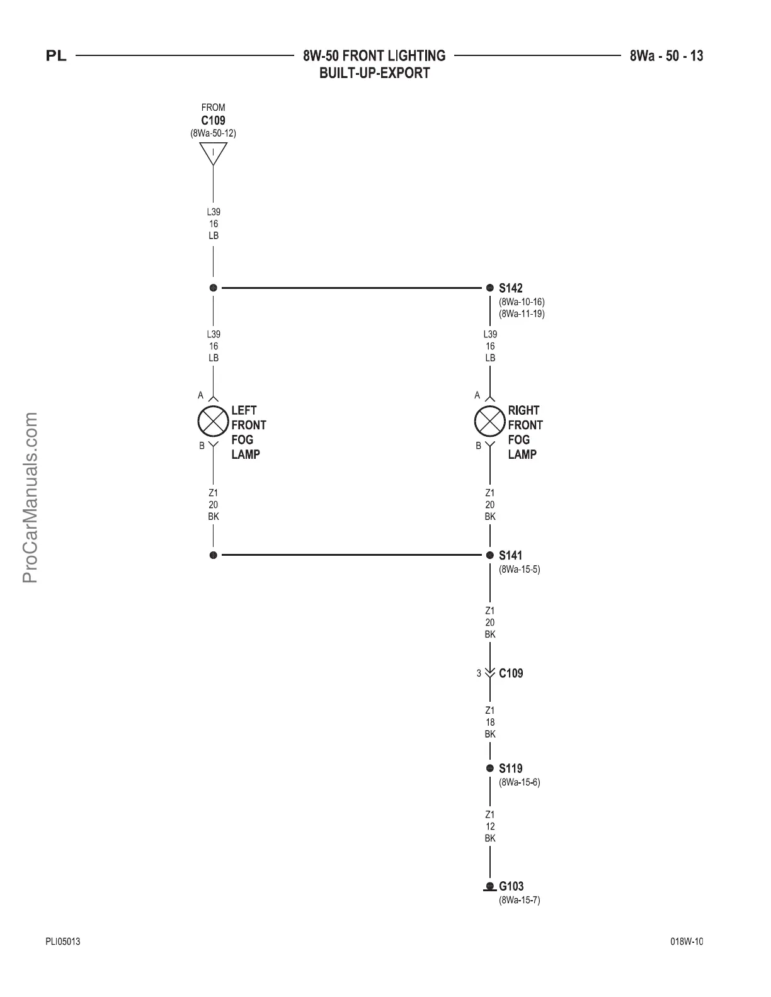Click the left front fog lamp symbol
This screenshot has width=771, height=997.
tap(213, 421)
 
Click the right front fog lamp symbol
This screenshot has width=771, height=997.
tap(489, 421)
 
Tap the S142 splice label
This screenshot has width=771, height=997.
tap(510, 288)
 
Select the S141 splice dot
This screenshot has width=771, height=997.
tap(489, 555)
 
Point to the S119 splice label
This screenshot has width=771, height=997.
tap(510, 769)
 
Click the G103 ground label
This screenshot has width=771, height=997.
tap(511, 887)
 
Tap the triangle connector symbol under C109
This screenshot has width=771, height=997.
tap(213, 153)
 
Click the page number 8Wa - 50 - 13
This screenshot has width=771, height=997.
tap(666, 56)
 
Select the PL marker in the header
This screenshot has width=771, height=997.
tap(56, 57)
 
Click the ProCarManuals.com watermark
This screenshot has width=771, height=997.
tap(30, 497)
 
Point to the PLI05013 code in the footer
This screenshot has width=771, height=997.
tap(62, 942)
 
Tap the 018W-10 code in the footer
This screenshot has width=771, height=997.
tap(687, 942)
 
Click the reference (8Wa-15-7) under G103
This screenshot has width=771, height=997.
tap(519, 900)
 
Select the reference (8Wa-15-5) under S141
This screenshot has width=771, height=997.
tap(519, 570)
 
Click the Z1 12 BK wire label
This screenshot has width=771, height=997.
tap(490, 826)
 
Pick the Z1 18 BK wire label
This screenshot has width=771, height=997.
tap(490, 722)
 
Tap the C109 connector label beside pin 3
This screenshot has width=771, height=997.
tap(510, 673)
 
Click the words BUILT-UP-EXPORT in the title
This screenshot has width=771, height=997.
tap(374, 73)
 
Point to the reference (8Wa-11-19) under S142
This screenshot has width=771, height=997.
tap(522, 313)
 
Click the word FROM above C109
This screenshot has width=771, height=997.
tap(213, 108)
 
